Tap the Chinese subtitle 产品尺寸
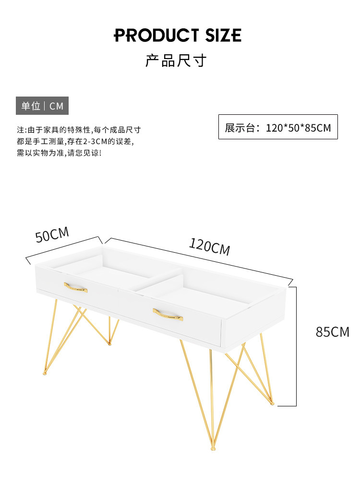coord(176,61)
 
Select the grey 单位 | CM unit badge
coord(42,106)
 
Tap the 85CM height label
coord(332,332)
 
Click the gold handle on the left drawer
coord(76,288)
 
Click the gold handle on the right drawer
coord(168,315)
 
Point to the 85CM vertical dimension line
coord(296,346)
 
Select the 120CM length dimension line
coord(199,260)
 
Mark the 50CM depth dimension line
coord(64,250)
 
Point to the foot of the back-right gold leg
coord(273,403)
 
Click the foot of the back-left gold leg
coord(109,343)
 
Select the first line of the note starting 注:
coord(79,130)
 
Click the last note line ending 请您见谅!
coord(60,153)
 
